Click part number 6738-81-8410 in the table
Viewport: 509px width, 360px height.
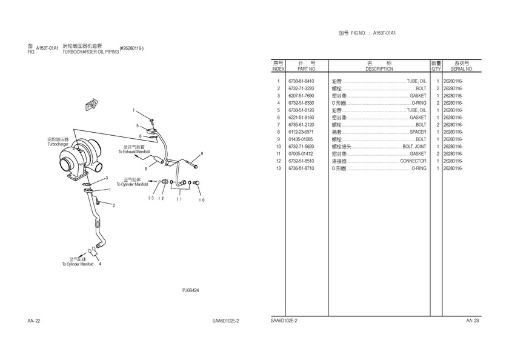coord(301,81)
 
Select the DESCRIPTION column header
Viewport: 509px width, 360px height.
coord(379,69)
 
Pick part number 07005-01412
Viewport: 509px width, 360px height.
coord(301,154)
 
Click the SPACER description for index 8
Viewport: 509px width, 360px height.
coord(418,132)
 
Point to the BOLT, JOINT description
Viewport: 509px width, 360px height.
coord(414,147)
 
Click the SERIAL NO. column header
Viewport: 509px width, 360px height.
coord(461,69)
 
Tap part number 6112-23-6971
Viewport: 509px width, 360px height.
coord(301,132)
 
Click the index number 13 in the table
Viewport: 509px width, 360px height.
coord(278,168)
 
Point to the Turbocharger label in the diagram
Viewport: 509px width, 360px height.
coord(58,144)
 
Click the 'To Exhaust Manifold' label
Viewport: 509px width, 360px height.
coord(135,151)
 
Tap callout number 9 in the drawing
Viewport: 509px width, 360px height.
coord(202,153)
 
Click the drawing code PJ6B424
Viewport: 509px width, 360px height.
coord(191,290)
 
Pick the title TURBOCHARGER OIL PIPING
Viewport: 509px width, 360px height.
coord(90,53)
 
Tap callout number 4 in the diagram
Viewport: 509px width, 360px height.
coord(100,265)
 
